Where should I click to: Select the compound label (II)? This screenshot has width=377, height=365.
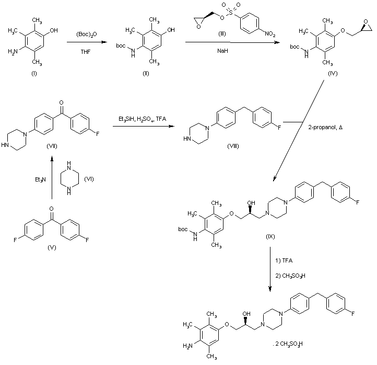pyautogui.click(x=146, y=73)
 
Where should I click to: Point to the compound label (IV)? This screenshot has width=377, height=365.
pyautogui.click(x=333, y=74)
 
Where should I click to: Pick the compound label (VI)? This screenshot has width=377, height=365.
pyautogui.click(x=89, y=179)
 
